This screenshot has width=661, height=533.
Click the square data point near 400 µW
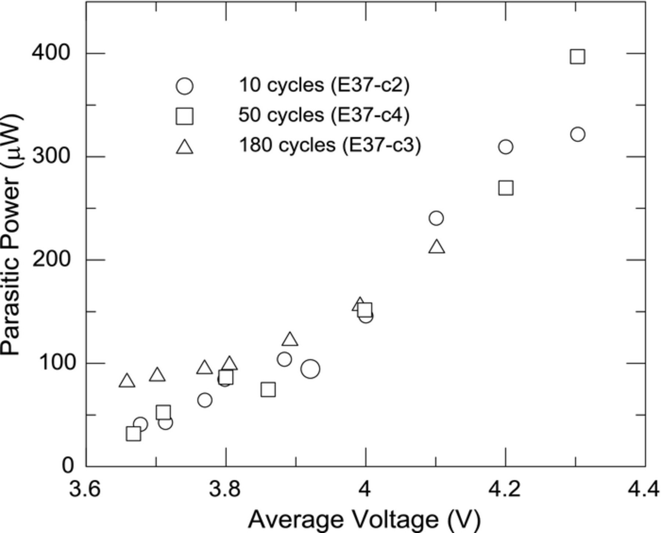tap(577, 57)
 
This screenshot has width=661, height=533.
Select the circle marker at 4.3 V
tap(578, 134)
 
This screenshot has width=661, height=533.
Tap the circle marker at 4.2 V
tap(506, 147)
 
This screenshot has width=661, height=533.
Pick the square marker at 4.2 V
tap(506, 188)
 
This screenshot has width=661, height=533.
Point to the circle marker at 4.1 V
tap(436, 218)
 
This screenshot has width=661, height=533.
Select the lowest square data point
tap(133, 434)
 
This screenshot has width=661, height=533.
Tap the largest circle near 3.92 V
tap(310, 369)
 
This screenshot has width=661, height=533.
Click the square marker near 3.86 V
tap(268, 389)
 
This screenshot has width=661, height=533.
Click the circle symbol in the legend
tap(184, 86)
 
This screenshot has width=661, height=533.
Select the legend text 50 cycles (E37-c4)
tap(324, 115)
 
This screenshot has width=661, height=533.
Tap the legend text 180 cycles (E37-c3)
tap(329, 145)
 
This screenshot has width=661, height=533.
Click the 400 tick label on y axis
tap(51, 53)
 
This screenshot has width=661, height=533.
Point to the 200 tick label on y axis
tap(51, 260)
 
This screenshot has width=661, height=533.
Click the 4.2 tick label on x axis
tap(505, 489)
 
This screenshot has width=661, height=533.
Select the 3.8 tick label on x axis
tap(225, 489)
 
